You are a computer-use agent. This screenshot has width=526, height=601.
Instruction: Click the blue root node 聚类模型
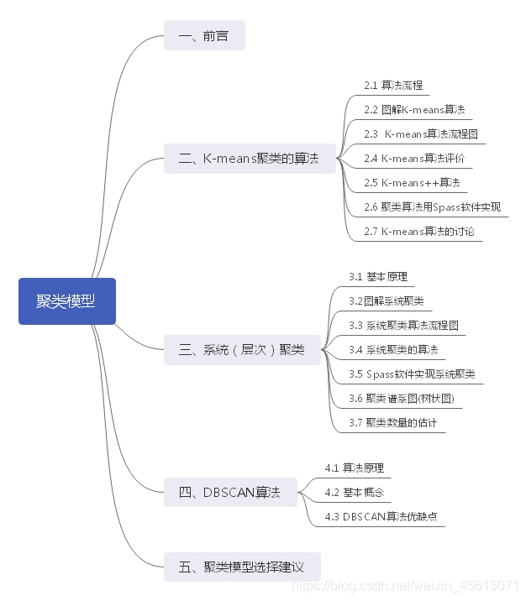66,301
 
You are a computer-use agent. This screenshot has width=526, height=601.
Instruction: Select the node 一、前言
204,36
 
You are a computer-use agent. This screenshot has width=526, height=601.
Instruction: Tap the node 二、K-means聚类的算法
249,159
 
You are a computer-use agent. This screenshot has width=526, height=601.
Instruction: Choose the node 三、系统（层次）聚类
242,349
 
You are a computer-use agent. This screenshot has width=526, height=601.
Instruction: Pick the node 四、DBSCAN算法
230,492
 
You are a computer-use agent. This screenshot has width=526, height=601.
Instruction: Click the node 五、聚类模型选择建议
242,567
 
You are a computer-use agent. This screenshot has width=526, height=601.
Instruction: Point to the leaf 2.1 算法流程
393,86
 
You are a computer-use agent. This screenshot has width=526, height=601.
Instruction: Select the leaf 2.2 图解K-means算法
414,110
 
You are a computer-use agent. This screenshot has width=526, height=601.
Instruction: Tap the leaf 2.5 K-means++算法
411,182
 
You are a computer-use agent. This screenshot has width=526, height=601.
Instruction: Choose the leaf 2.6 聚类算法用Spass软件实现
432,206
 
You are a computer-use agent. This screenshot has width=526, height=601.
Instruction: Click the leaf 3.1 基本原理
378,276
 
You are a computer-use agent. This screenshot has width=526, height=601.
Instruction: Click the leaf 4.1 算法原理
354,468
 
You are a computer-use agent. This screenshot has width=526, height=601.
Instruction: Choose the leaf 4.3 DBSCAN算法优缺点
381,516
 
